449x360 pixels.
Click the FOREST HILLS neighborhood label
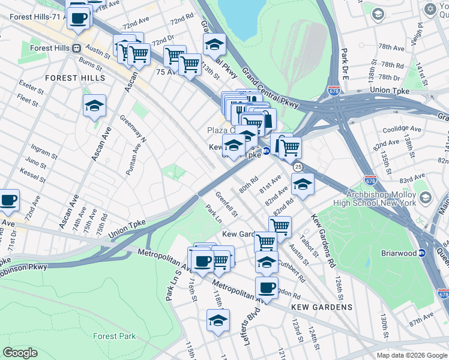click(75, 78)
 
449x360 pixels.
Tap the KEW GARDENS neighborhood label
click(321, 307)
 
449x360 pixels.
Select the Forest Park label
click(114, 337)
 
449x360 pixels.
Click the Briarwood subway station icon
click(422, 253)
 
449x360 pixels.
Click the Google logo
click(20, 353)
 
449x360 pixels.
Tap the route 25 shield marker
click(298, 166)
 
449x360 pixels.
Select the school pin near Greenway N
click(94, 106)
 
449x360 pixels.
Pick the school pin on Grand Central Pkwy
click(214, 44)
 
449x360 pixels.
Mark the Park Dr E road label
click(345, 59)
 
